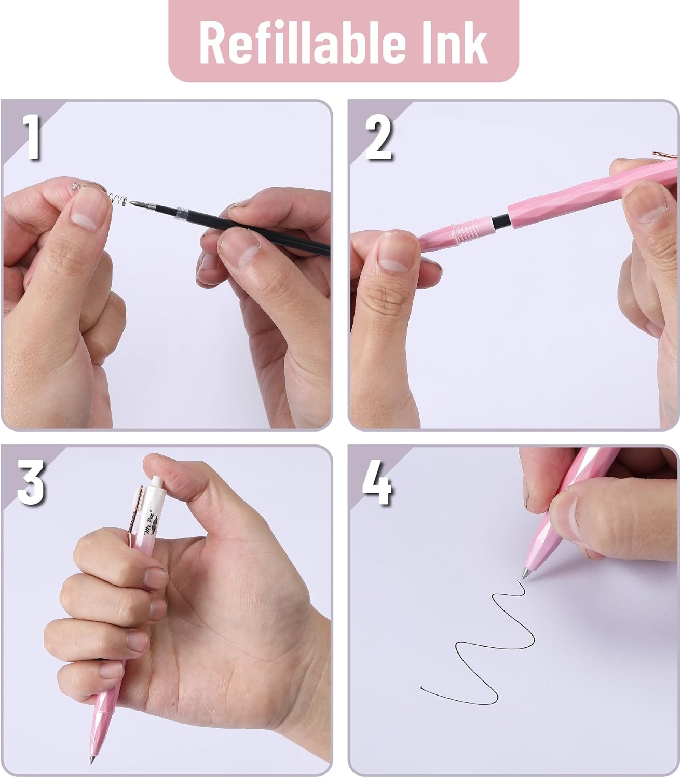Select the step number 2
(x=378, y=137)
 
